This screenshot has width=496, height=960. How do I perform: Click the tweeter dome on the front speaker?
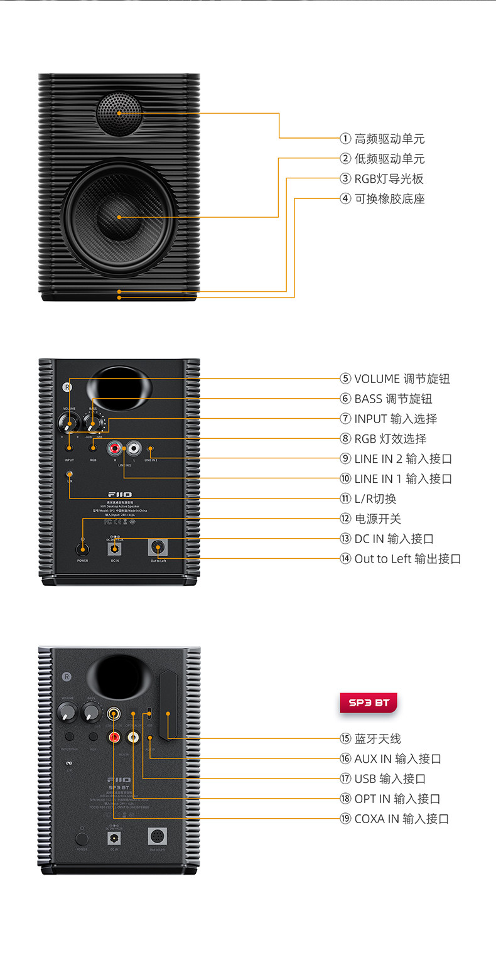click(x=119, y=114)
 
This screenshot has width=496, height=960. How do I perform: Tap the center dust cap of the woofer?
click(x=119, y=217)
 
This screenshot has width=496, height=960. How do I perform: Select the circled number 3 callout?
click(x=345, y=179)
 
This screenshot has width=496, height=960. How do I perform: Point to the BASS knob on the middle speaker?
click(x=93, y=420)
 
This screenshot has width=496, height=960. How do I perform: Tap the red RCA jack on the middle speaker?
click(x=115, y=448)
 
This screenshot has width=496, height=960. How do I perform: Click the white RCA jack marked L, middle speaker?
click(x=134, y=448)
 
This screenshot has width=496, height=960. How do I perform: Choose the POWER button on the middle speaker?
click(x=82, y=549)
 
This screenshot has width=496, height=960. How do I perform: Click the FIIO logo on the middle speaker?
click(x=119, y=495)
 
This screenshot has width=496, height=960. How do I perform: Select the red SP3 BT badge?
click(x=368, y=703)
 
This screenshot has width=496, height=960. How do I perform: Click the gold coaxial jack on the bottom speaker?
click(x=114, y=713)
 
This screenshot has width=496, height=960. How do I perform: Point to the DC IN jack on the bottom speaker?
click(x=114, y=838)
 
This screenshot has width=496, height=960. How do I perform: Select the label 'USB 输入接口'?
click(x=390, y=779)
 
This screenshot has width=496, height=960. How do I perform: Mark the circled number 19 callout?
click(x=345, y=819)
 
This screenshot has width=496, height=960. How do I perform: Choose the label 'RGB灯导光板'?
click(x=389, y=179)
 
